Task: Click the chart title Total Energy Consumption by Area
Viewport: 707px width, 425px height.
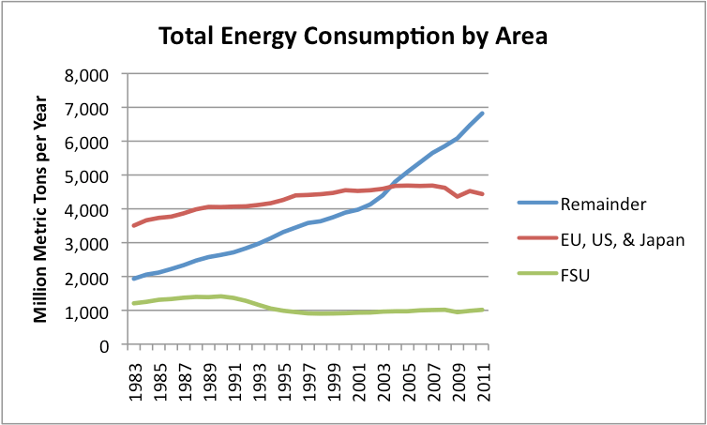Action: point(353,37)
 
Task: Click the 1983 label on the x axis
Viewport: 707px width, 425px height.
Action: point(135,378)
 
